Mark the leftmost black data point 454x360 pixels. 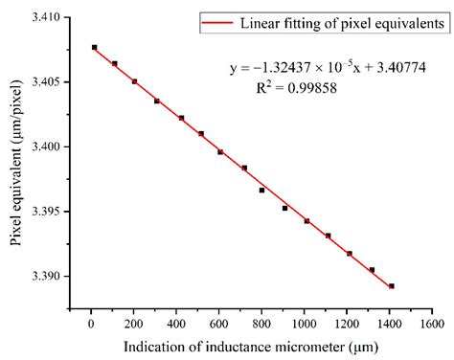coord(94,47)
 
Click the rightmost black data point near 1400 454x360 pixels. coord(391,285)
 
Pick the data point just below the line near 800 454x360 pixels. coord(261,190)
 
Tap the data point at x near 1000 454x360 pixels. coord(306,220)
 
